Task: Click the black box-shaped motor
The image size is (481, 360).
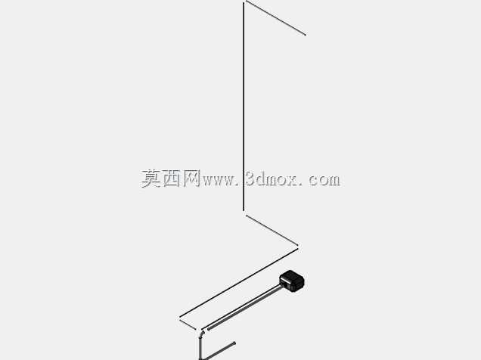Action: (292, 281)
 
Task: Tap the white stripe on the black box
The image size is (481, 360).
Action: (285, 281)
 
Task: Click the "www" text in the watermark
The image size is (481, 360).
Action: (218, 180)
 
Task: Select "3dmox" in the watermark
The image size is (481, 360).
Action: (272, 179)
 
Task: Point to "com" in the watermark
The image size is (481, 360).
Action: (324, 180)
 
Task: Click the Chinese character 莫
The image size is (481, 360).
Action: (151, 178)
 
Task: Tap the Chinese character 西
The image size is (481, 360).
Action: (171, 178)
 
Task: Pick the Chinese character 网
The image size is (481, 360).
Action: (192, 178)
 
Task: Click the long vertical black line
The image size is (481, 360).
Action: (244, 107)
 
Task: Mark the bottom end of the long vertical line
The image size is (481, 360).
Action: (244, 211)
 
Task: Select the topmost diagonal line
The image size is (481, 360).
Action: (275, 18)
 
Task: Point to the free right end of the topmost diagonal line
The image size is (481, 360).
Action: (306, 35)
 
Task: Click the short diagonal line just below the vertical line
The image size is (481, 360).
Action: (272, 230)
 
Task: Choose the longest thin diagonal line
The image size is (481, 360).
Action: (238, 283)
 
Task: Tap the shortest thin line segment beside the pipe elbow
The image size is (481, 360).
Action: (188, 324)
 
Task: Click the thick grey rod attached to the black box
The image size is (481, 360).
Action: (245, 308)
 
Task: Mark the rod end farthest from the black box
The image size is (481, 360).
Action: (209, 329)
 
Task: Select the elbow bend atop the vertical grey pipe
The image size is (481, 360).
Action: (202, 334)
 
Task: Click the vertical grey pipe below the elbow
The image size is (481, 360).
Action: (200, 348)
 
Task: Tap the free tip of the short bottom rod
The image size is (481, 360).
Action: (234, 343)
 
